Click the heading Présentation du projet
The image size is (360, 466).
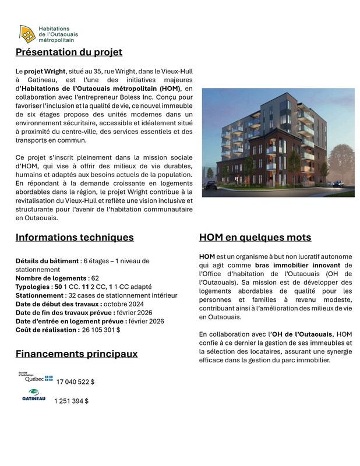pos(69,52)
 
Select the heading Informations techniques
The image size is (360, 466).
pos(75,237)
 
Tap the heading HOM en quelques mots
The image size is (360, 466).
pos(255,237)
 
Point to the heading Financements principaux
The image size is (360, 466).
pos(76,354)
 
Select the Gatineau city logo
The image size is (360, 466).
pos(33,396)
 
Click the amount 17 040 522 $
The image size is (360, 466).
pos(75,382)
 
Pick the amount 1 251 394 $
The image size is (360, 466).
pos(71,401)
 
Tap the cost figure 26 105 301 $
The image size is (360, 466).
pos(101,330)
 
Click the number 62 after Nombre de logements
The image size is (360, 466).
pos(95,278)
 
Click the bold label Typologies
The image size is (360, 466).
pos(32,287)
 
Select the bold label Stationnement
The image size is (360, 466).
pos(40,295)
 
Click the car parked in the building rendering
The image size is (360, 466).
pos(211,185)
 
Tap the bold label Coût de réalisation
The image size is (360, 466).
pos(47,330)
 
